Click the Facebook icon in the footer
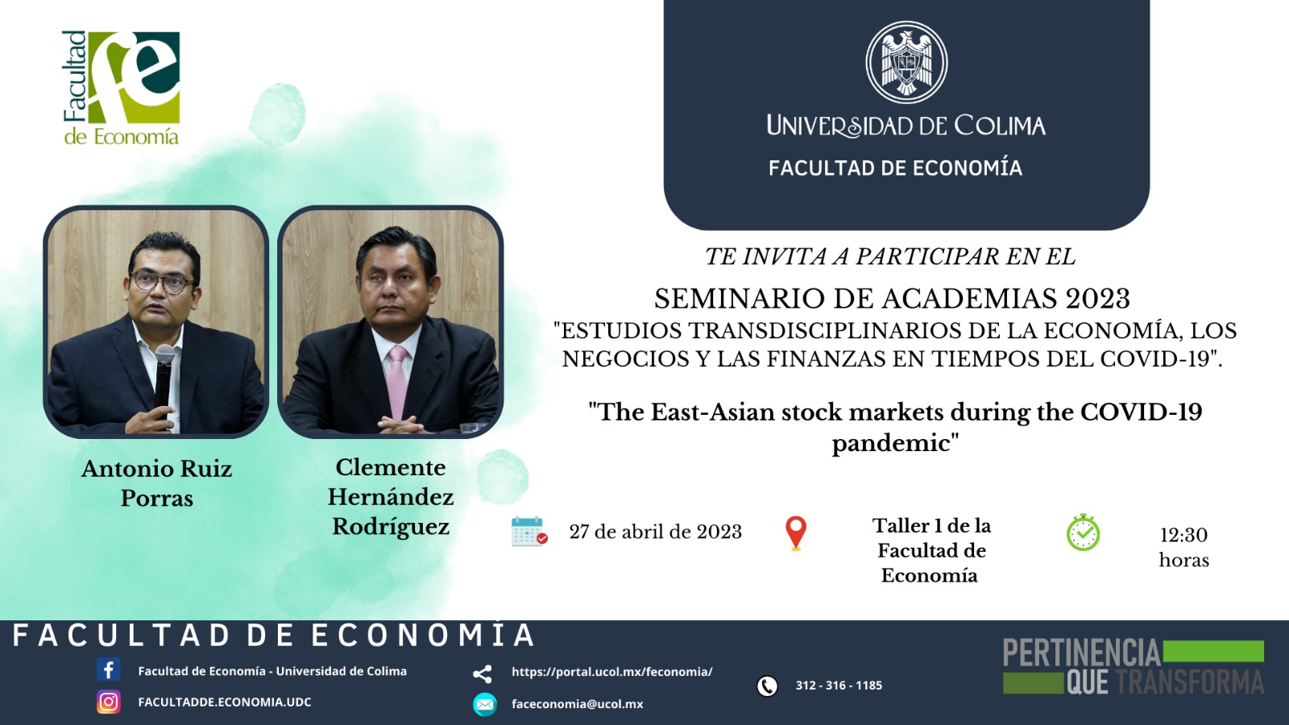tap(108, 669)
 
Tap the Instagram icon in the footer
tap(108, 702)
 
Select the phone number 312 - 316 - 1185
tap(839, 686)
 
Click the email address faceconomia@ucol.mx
tap(577, 704)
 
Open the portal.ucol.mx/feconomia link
tap(611, 672)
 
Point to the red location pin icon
tap(796, 533)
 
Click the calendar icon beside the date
tap(529, 531)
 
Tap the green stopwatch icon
tap(1083, 532)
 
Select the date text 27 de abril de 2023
tap(656, 532)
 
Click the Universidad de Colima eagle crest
tap(906, 62)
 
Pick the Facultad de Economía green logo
tap(122, 88)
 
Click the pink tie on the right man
tap(398, 382)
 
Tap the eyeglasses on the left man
tap(163, 282)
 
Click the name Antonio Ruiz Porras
tap(156, 483)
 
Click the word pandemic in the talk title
tap(895, 443)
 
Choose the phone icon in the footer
tap(767, 686)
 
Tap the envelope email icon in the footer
tap(484, 704)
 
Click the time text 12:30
tap(1183, 535)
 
